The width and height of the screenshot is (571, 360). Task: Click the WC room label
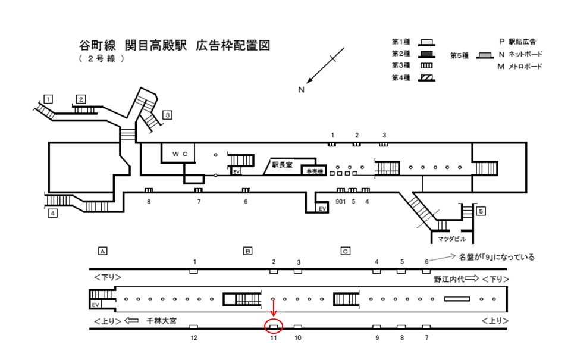(180, 154)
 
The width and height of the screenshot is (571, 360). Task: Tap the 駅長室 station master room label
(282, 165)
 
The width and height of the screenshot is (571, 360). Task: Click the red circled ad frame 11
(273, 326)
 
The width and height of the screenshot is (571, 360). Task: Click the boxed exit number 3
(168, 115)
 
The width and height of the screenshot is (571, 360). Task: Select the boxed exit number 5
(481, 211)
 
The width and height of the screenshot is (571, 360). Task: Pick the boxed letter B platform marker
(247, 251)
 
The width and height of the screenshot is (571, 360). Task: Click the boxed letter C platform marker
(344, 251)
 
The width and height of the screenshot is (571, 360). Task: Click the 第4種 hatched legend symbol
(426, 78)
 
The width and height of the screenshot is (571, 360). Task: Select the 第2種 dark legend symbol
(426, 54)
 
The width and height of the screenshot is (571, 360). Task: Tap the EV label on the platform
(95, 304)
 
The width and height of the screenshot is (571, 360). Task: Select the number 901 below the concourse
(340, 201)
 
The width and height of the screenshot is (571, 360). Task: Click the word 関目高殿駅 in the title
(155, 45)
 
